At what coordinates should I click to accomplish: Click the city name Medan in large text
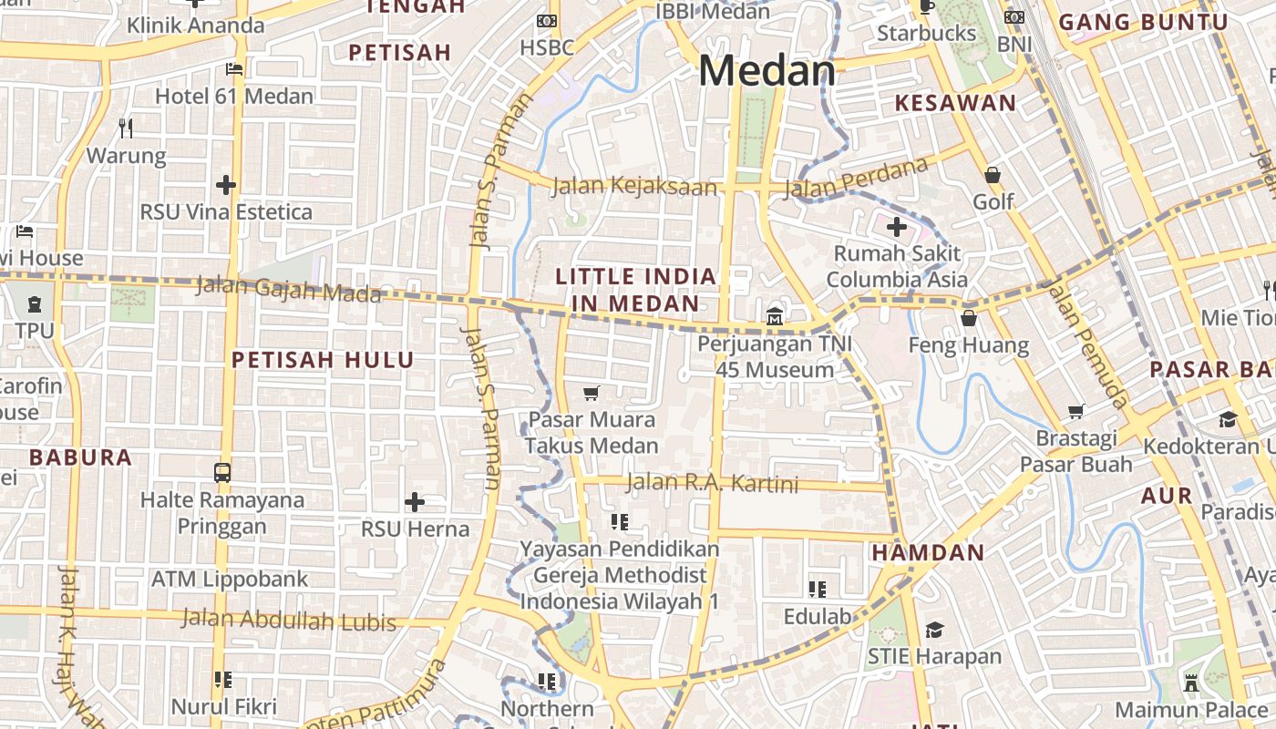coord(767,71)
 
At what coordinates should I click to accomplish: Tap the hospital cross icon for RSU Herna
coord(415,502)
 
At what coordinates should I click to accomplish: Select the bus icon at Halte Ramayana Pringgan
coord(222,472)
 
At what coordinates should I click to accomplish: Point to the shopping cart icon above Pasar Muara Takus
coord(592,393)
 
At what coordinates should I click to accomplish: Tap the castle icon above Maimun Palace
coord(1190,682)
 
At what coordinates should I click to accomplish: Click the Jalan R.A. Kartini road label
coord(712,483)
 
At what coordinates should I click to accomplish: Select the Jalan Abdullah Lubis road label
coord(289,620)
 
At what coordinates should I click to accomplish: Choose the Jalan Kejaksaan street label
coord(634,187)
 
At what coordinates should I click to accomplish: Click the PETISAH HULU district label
coord(323,360)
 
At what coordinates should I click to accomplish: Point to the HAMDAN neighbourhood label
coord(928,552)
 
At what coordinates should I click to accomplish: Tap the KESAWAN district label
coord(955,103)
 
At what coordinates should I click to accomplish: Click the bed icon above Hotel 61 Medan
coord(234,69)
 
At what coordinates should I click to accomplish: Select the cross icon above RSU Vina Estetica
coord(226,185)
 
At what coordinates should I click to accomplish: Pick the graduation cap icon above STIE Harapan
coord(934,630)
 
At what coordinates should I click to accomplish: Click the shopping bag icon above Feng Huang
coord(968,318)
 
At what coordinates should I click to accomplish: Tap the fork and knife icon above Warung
coord(126,128)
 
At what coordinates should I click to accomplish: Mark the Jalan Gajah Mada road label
coord(288,289)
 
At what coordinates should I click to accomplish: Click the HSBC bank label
coord(547,47)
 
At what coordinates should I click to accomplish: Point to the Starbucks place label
coord(926,34)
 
